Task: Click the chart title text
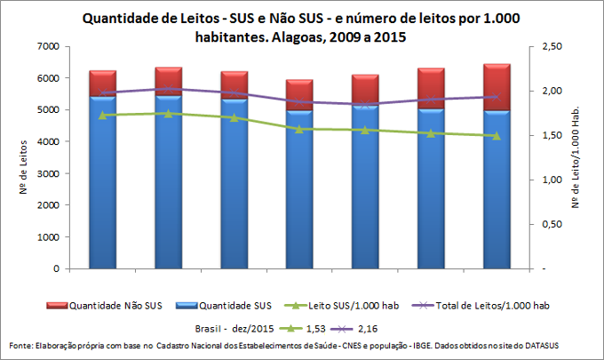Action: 302,28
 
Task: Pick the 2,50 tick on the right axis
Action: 552,46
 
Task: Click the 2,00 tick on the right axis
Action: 552,91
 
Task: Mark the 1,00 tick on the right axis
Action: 552,180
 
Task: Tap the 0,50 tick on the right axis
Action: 552,224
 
